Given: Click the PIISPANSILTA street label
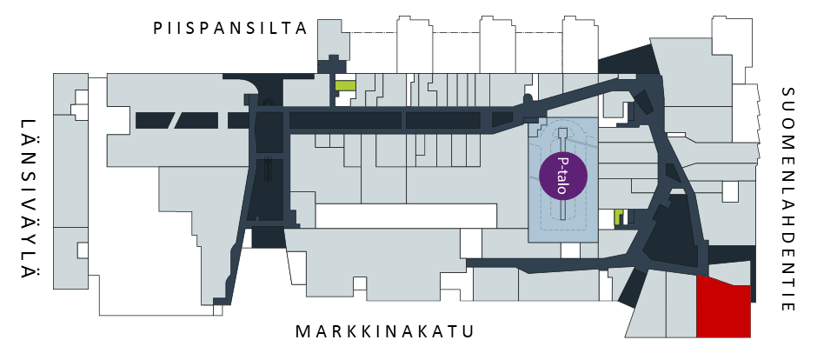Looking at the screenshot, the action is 229,28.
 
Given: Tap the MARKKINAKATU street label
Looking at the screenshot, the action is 385,331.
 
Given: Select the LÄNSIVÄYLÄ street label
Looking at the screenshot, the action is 28,199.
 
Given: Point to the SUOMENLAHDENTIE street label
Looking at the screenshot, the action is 788,199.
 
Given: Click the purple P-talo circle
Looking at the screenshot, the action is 563,175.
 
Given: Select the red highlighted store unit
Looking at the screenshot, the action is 724,307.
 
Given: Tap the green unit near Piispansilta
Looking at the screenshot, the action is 345,86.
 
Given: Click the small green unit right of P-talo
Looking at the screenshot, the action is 619,217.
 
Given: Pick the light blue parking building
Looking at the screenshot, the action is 563,180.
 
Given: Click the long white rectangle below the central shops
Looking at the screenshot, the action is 407,216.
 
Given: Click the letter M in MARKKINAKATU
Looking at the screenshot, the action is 302,331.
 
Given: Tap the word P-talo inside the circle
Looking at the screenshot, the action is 562,175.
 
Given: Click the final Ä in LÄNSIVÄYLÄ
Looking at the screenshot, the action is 28,272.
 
